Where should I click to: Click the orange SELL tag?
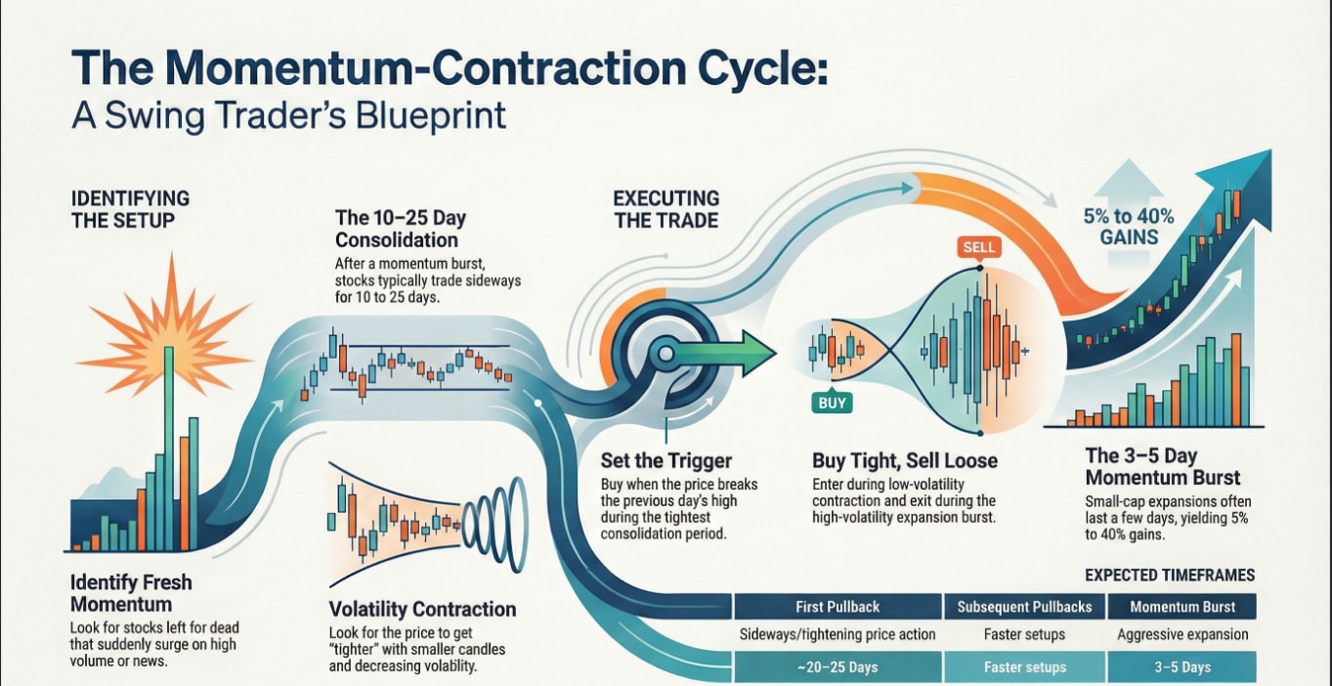click(x=978, y=248)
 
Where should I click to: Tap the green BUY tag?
click(x=831, y=402)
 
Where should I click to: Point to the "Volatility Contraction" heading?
click(x=422, y=609)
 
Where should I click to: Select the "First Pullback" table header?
click(x=838, y=607)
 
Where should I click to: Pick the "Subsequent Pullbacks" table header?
click(x=1024, y=607)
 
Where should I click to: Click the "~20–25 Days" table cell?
click(x=838, y=667)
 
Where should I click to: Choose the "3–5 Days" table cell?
click(x=1182, y=667)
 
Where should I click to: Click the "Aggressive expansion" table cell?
click(x=1182, y=635)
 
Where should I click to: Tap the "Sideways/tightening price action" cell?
click(x=838, y=635)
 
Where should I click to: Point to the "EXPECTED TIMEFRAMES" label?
click(x=1170, y=576)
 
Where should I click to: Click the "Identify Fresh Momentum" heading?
click(x=131, y=593)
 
